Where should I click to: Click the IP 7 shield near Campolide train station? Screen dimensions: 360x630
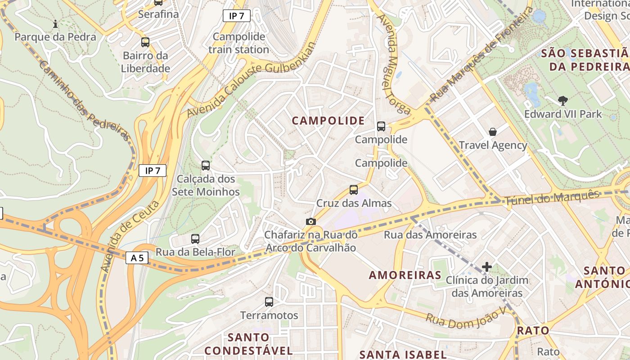[x=237, y=16]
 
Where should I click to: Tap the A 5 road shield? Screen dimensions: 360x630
[x=137, y=258]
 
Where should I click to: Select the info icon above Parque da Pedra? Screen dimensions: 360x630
[x=55, y=24]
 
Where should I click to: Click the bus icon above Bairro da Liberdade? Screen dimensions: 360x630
[x=145, y=42]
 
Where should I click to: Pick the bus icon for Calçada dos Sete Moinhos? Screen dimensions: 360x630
[x=206, y=165]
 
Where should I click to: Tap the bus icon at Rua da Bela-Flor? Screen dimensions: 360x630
[x=195, y=239]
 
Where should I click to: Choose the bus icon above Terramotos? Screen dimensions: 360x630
[x=269, y=302]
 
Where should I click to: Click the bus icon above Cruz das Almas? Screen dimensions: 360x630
[x=354, y=190]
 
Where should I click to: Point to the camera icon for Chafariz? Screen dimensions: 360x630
[x=310, y=221]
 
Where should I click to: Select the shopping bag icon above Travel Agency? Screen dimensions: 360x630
[x=493, y=132]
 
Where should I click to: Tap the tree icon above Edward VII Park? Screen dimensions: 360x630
[x=562, y=100]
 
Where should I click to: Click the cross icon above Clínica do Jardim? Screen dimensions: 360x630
[x=486, y=267]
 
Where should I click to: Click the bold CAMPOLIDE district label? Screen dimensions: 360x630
[x=328, y=121]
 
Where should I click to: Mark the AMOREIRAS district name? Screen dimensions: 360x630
[x=405, y=275]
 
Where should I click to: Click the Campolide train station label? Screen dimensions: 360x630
[x=238, y=43]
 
